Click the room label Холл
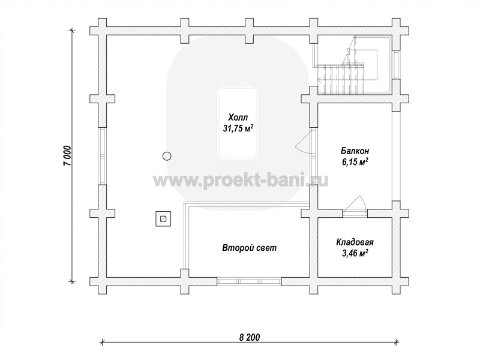pos(238,117)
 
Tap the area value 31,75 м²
pos(238,128)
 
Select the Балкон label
pos(355,151)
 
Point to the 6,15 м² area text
pos(355,162)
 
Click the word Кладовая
pos(355,242)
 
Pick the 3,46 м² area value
pos(355,253)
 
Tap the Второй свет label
pos(249,248)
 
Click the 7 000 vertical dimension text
pos(67,155)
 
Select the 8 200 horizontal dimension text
pos(249,337)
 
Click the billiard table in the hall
pos(238,123)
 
